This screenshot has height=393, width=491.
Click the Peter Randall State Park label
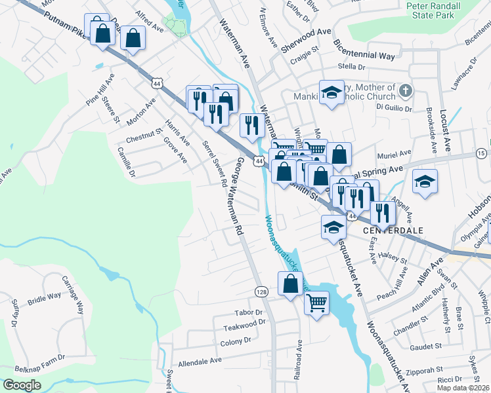click(x=442, y=9)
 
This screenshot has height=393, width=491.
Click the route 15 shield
click(x=481, y=153)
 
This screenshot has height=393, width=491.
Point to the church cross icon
click(x=406, y=90)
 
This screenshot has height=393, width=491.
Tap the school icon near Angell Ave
click(x=425, y=182)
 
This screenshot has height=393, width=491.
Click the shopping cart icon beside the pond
click(x=316, y=304)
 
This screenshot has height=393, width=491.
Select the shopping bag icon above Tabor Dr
click(x=289, y=284)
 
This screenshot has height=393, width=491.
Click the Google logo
click(x=22, y=384)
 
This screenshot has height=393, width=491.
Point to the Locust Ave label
click(x=445, y=127)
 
